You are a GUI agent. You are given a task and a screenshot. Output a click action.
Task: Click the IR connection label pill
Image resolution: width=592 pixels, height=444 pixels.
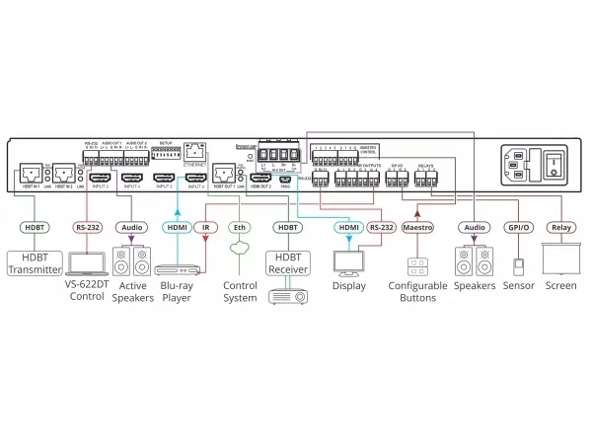tap(205, 227)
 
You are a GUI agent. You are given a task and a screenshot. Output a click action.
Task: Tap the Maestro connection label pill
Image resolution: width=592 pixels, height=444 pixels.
tap(417, 227)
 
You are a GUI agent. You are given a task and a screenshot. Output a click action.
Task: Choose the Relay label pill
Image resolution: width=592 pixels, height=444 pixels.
tap(561, 227)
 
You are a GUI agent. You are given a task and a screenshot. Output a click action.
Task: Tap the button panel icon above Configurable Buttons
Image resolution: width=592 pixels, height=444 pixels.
tap(417, 265)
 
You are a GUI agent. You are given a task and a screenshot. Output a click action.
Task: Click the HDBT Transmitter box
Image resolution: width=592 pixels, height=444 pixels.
tap(35, 262)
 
